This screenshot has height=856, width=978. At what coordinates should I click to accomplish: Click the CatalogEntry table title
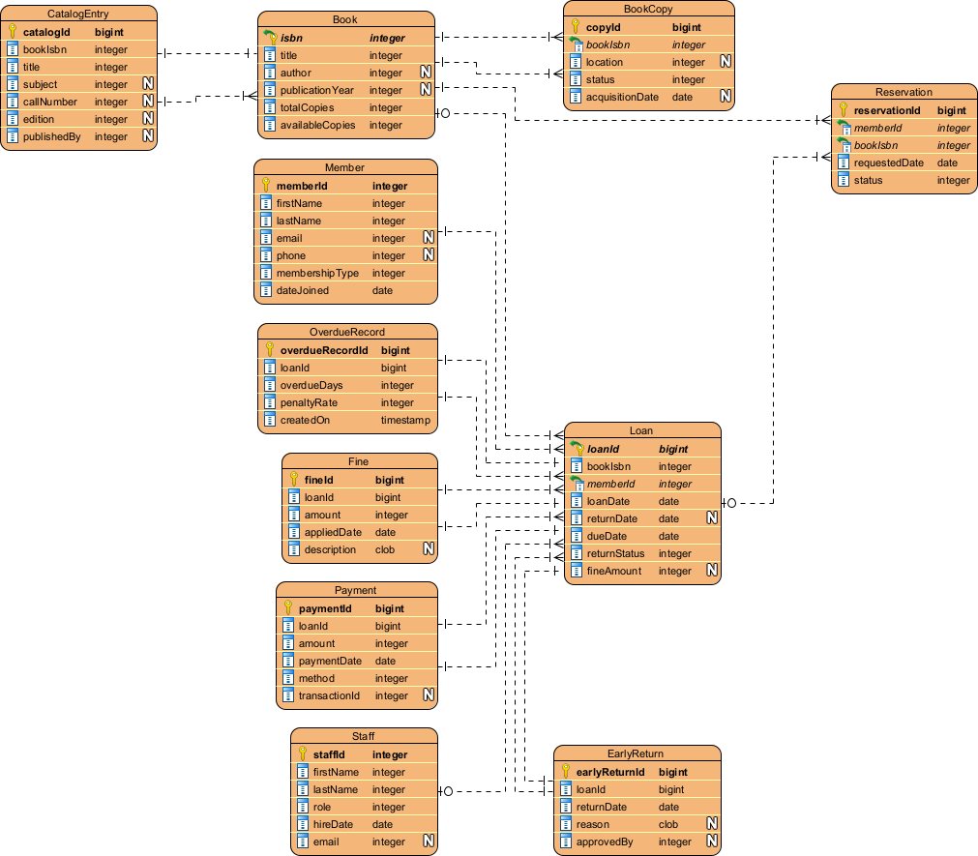[77, 14]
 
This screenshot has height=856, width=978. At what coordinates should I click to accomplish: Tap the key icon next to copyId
[576, 27]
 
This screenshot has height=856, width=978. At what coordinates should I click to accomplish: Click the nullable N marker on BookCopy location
[726, 62]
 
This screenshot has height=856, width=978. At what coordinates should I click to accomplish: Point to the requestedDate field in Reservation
[888, 162]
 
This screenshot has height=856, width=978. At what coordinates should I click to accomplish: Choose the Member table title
[344, 167]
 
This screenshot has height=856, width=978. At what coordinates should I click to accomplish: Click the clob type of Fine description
[385, 549]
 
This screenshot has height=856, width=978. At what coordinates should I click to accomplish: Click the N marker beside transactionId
[427, 695]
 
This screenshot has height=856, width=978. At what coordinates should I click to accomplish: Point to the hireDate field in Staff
[332, 824]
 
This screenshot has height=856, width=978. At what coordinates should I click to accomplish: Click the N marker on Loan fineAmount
[711, 571]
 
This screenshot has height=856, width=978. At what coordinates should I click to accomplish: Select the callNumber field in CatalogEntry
[49, 102]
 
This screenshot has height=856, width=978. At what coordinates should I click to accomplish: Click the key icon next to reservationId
[843, 110]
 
